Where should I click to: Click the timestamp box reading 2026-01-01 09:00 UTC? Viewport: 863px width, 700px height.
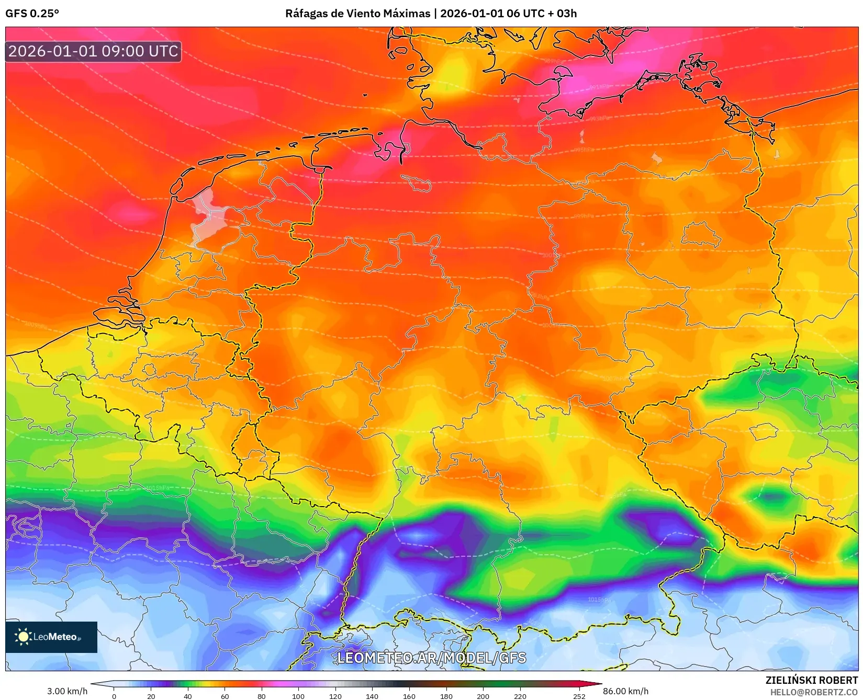point(93,51)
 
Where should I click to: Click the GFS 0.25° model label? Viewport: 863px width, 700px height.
point(32,14)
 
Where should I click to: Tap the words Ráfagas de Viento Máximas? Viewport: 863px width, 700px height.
point(357,14)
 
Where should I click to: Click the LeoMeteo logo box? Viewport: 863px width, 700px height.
point(51,637)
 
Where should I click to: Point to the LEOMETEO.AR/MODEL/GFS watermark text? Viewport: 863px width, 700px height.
point(431,658)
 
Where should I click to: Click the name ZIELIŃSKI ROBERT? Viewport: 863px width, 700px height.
point(811,680)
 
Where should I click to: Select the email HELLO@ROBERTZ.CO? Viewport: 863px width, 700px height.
point(813,692)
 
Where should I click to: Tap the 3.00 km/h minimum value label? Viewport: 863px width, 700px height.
point(67,691)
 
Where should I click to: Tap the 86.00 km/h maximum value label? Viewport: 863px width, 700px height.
point(625,691)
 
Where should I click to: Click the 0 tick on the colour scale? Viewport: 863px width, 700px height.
point(114,696)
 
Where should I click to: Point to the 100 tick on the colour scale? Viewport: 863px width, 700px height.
point(298,696)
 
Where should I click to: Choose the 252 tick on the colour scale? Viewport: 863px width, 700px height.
point(579,696)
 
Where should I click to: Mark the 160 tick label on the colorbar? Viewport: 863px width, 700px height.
point(409,696)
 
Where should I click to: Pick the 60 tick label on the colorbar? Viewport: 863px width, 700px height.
point(225,696)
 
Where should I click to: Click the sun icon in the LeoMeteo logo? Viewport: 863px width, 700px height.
point(23,637)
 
